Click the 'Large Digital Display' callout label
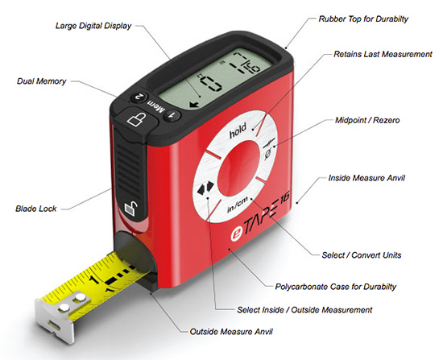coord(93,26)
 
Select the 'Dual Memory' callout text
coord(42,81)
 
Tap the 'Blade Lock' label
coord(36,209)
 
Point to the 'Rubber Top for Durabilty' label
coord(363,19)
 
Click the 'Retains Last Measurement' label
coord(383,54)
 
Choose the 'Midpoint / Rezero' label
coord(367,120)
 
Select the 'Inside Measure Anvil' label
coord(366,178)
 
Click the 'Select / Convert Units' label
coord(362,254)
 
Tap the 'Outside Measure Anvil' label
coord(231,331)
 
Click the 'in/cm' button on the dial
coord(238,205)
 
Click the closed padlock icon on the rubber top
coord(137,118)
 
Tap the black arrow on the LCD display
coord(194,105)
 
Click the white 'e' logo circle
coord(237,234)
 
